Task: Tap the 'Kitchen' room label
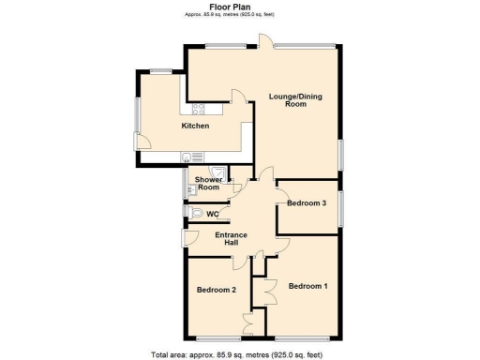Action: point(195,126)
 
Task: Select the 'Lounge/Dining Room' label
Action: point(288,100)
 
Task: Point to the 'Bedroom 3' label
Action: point(307,203)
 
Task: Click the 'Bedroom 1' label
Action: point(308,285)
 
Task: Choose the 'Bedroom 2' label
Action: point(216,291)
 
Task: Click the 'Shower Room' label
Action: point(207,183)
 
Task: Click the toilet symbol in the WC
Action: point(195,214)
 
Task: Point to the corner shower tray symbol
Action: point(217,172)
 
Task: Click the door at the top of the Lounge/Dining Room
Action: point(265,40)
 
